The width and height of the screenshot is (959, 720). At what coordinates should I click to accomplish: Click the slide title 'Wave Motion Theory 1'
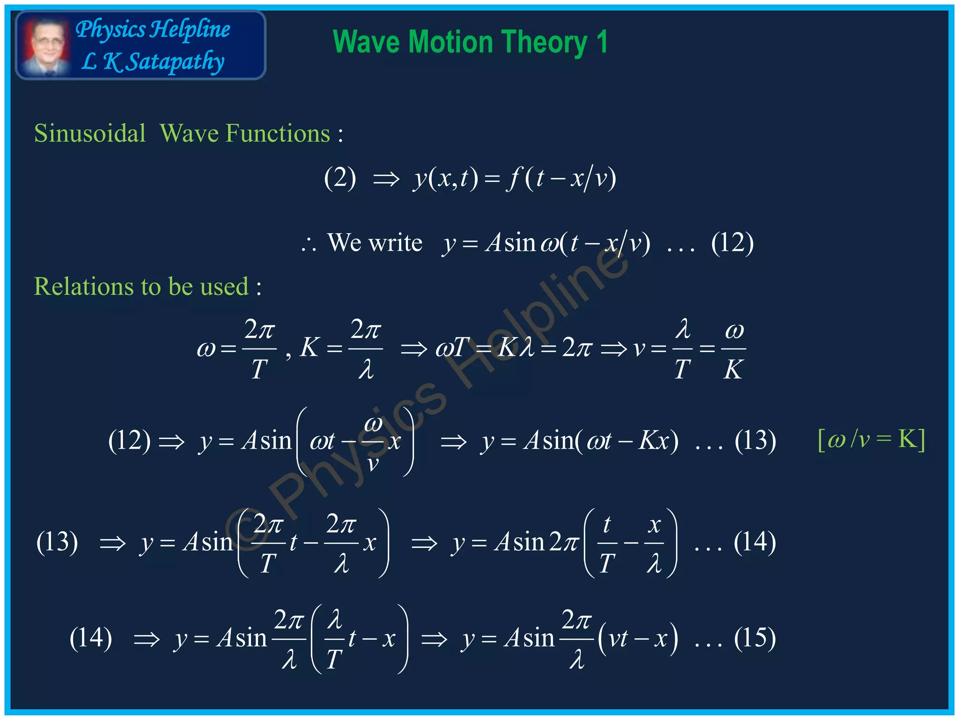tap(470, 42)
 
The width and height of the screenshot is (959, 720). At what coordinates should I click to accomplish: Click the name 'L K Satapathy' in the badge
tap(153, 62)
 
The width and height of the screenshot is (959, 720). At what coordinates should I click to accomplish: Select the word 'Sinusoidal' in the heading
tap(90, 134)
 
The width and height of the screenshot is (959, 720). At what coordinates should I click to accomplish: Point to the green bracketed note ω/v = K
tap(871, 440)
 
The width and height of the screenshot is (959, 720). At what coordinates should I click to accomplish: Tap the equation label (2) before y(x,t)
tap(340, 178)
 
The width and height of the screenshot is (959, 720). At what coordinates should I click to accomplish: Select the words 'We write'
tap(375, 243)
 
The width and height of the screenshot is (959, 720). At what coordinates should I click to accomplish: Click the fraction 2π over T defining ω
tap(259, 349)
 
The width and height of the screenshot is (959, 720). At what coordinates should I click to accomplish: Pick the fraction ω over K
tap(733, 349)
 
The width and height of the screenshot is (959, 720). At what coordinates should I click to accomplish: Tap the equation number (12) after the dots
tap(732, 243)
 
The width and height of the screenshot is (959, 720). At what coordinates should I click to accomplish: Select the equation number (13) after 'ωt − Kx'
tap(755, 441)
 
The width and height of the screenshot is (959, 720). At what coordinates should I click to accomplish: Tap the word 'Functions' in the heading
tap(278, 134)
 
